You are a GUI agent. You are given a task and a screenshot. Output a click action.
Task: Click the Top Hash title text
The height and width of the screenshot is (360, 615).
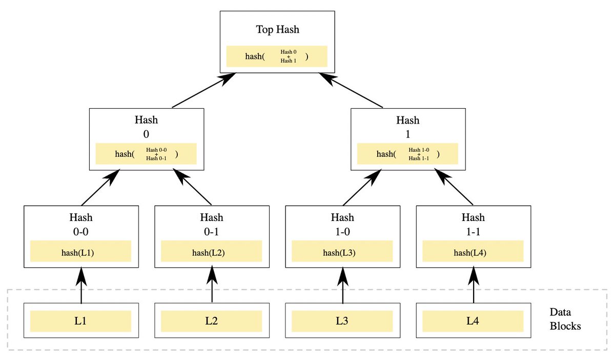pyautogui.click(x=277, y=30)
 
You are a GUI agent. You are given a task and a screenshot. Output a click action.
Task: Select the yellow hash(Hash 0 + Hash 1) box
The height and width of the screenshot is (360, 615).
pyautogui.click(x=277, y=56)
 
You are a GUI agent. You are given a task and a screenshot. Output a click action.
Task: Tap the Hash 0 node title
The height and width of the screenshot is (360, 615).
pyautogui.click(x=146, y=127)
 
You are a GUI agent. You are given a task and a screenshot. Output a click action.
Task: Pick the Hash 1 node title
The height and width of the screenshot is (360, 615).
pyautogui.click(x=407, y=127)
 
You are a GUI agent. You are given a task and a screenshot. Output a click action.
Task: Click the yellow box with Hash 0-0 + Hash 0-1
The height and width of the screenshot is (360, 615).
pyautogui.click(x=146, y=154)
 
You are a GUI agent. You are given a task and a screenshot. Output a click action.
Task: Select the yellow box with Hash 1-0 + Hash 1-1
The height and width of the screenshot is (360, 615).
pyautogui.click(x=407, y=154)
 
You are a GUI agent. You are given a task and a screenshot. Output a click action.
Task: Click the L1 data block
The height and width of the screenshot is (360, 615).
pyautogui.click(x=81, y=321)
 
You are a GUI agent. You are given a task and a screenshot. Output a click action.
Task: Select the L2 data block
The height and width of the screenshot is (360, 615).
pyautogui.click(x=212, y=321)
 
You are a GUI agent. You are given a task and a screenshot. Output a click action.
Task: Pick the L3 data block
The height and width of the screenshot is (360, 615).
pyautogui.click(x=342, y=321)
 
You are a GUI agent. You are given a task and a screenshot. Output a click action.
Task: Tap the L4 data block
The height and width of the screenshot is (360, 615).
pyautogui.click(x=473, y=321)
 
